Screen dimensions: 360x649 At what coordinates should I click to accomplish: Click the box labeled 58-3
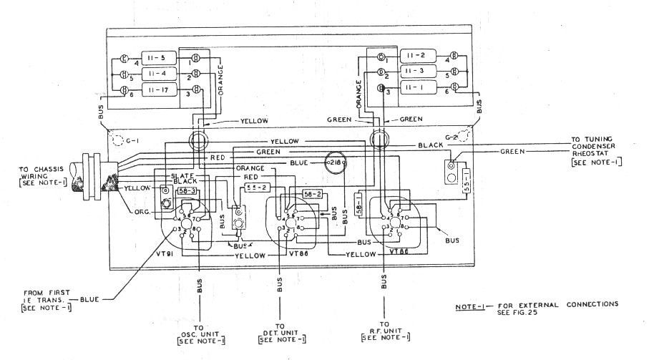pos(188,193)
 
